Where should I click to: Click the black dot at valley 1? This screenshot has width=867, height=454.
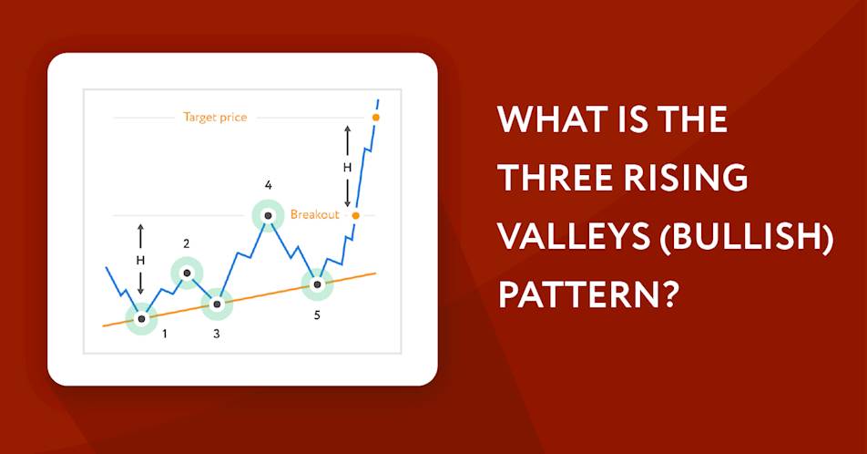pos(141,318)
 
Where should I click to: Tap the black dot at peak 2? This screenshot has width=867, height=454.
pos(187,273)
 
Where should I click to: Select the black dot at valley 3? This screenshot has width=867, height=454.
pos(217,304)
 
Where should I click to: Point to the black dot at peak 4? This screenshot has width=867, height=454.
pos(268,215)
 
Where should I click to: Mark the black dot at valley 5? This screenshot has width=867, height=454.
pos(317,284)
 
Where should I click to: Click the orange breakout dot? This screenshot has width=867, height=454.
pos(355,215)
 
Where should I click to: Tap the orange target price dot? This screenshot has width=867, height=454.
pos(375,118)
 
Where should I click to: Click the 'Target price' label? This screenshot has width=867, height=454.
pos(215,118)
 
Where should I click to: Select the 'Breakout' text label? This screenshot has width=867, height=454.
pos(314,215)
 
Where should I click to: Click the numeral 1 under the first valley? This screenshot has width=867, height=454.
pos(164,334)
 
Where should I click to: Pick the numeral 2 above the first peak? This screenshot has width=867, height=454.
pos(187,243)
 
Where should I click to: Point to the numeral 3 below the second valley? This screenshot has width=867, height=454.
pos(216,334)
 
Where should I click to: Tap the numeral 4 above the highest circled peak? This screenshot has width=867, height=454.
pos(268,185)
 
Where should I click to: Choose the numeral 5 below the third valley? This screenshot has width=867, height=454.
pos(317,315)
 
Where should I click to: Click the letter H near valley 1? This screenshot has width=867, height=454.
pos(140,260)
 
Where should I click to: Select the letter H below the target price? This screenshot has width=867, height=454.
pos(347,167)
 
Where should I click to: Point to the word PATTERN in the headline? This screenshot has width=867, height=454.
pos(587,294)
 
